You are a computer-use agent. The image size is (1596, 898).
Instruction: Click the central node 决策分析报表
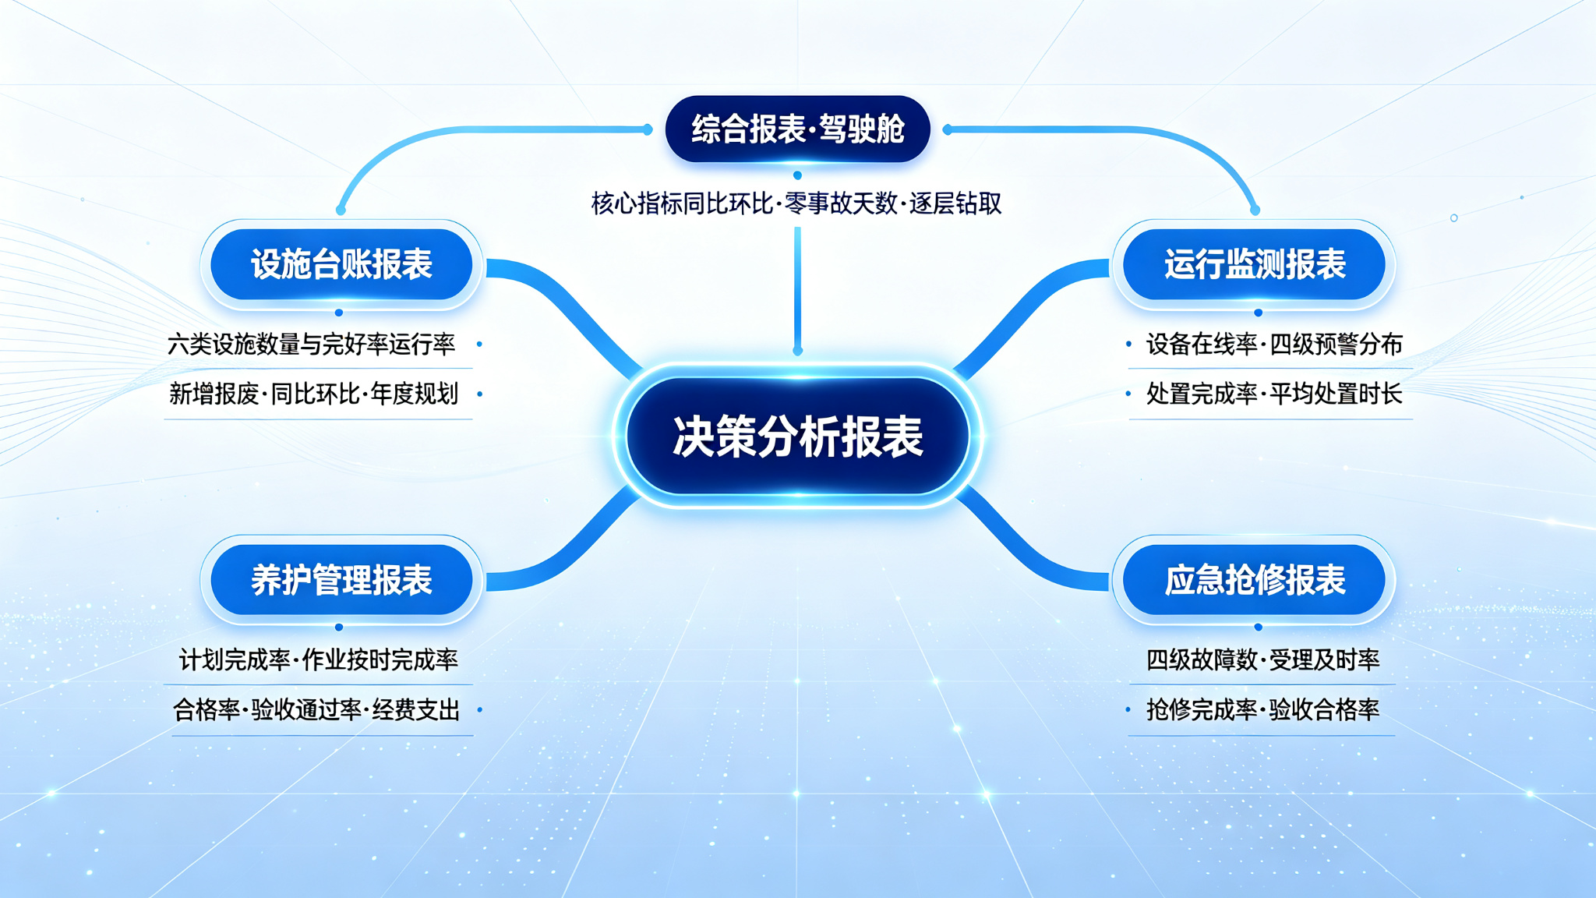pos(798,436)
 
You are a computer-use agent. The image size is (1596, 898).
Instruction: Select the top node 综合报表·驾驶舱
pos(797,129)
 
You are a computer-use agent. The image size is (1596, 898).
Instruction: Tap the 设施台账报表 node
pos(341,264)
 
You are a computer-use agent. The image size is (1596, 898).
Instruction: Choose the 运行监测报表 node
pos(1255,264)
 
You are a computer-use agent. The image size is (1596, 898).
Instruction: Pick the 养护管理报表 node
pos(341,580)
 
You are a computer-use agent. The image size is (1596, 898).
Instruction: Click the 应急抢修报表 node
pos(1255,580)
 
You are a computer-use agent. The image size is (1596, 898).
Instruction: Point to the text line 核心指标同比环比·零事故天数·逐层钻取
pos(796,203)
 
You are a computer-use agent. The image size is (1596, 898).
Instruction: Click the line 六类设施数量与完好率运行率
pos(312,344)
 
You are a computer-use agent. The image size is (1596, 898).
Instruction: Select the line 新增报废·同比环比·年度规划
pos(314,394)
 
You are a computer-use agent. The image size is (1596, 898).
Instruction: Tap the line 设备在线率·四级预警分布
pos(1274,344)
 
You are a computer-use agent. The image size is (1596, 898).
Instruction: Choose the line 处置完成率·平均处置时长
pos(1274,394)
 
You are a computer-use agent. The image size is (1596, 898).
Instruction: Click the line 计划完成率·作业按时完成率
pos(319,660)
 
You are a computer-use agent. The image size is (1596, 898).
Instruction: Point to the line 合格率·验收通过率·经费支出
pos(316,710)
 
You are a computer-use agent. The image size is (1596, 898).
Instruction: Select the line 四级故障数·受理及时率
pos(1262,660)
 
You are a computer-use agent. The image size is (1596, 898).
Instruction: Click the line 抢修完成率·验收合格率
pos(1262,710)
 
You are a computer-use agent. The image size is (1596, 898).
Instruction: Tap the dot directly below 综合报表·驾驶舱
pos(797,175)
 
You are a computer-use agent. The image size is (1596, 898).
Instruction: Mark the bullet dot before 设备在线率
pos(1128,344)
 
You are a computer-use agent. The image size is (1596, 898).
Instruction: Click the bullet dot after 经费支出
pos(479,709)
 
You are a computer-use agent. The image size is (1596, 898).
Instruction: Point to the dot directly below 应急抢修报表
pos(1258,627)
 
